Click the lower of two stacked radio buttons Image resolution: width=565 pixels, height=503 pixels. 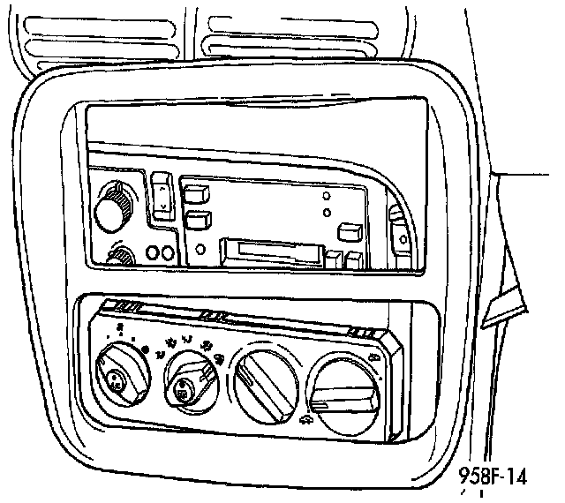198,219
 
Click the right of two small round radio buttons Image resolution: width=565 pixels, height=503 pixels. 165,254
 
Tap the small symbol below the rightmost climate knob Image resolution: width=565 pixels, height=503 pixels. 305,424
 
